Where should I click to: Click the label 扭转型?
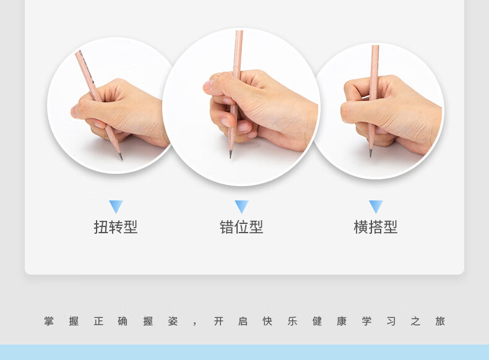coord(116,227)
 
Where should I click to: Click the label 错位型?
coord(241,227)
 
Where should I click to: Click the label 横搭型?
coord(376,227)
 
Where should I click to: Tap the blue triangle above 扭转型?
coord(116,207)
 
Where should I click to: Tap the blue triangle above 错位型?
coord(241,207)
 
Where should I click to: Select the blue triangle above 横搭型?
coord(376,207)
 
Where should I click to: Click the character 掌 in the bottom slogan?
coord(49,321)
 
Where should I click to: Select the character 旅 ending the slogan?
coord(440,321)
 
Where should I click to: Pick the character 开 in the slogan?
coord(219,321)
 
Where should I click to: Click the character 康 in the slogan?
coord(342,321)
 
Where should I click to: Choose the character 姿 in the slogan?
coord(173,321)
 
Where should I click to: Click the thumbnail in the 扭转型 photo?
coord(74,111)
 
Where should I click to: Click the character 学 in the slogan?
coord(366,321)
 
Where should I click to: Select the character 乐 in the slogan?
coord(292,321)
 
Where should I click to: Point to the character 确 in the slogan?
coord(123,321)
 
